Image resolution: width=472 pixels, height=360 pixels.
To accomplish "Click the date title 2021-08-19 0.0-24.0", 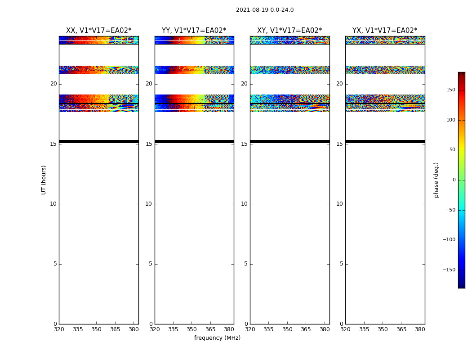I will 265,10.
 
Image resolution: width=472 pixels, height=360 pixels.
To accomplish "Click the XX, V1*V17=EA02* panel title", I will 98,31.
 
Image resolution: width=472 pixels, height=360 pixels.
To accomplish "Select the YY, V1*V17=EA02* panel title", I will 194,31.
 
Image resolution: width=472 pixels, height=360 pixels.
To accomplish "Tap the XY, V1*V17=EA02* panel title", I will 289,31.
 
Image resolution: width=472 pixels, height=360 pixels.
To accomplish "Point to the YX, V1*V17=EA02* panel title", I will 385,31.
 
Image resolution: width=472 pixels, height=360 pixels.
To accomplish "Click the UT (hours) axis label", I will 44,180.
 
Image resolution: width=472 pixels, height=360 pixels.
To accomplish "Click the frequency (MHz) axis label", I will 217,338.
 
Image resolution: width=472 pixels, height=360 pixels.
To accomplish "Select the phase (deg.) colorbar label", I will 436,180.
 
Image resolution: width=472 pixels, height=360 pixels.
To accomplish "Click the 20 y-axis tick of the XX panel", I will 53,84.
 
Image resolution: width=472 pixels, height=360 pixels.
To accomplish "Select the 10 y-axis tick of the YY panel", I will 149,204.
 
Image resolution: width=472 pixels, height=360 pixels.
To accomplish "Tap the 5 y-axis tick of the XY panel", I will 246,264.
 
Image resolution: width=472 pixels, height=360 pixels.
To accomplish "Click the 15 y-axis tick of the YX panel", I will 340,144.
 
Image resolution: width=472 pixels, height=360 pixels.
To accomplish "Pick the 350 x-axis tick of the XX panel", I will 96,329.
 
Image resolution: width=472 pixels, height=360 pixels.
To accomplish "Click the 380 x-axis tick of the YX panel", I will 420,329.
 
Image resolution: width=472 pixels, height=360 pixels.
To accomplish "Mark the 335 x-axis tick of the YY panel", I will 173,329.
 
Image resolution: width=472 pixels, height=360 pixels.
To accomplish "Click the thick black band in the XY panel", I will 289,141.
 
